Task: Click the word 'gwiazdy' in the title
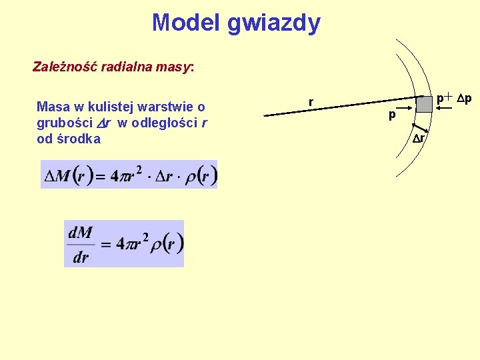pyautogui.click(x=273, y=23)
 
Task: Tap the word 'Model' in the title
pyautogui.click(x=186, y=23)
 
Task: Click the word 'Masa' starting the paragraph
pyautogui.click(x=51, y=107)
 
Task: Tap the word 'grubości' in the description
pyautogui.click(x=61, y=123)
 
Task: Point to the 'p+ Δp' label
pyautogui.click(x=454, y=99)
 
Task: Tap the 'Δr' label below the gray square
pyautogui.click(x=419, y=139)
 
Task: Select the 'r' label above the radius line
pyautogui.click(x=311, y=102)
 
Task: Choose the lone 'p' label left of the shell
pyautogui.click(x=392, y=115)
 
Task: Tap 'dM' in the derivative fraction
pyautogui.click(x=81, y=233)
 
